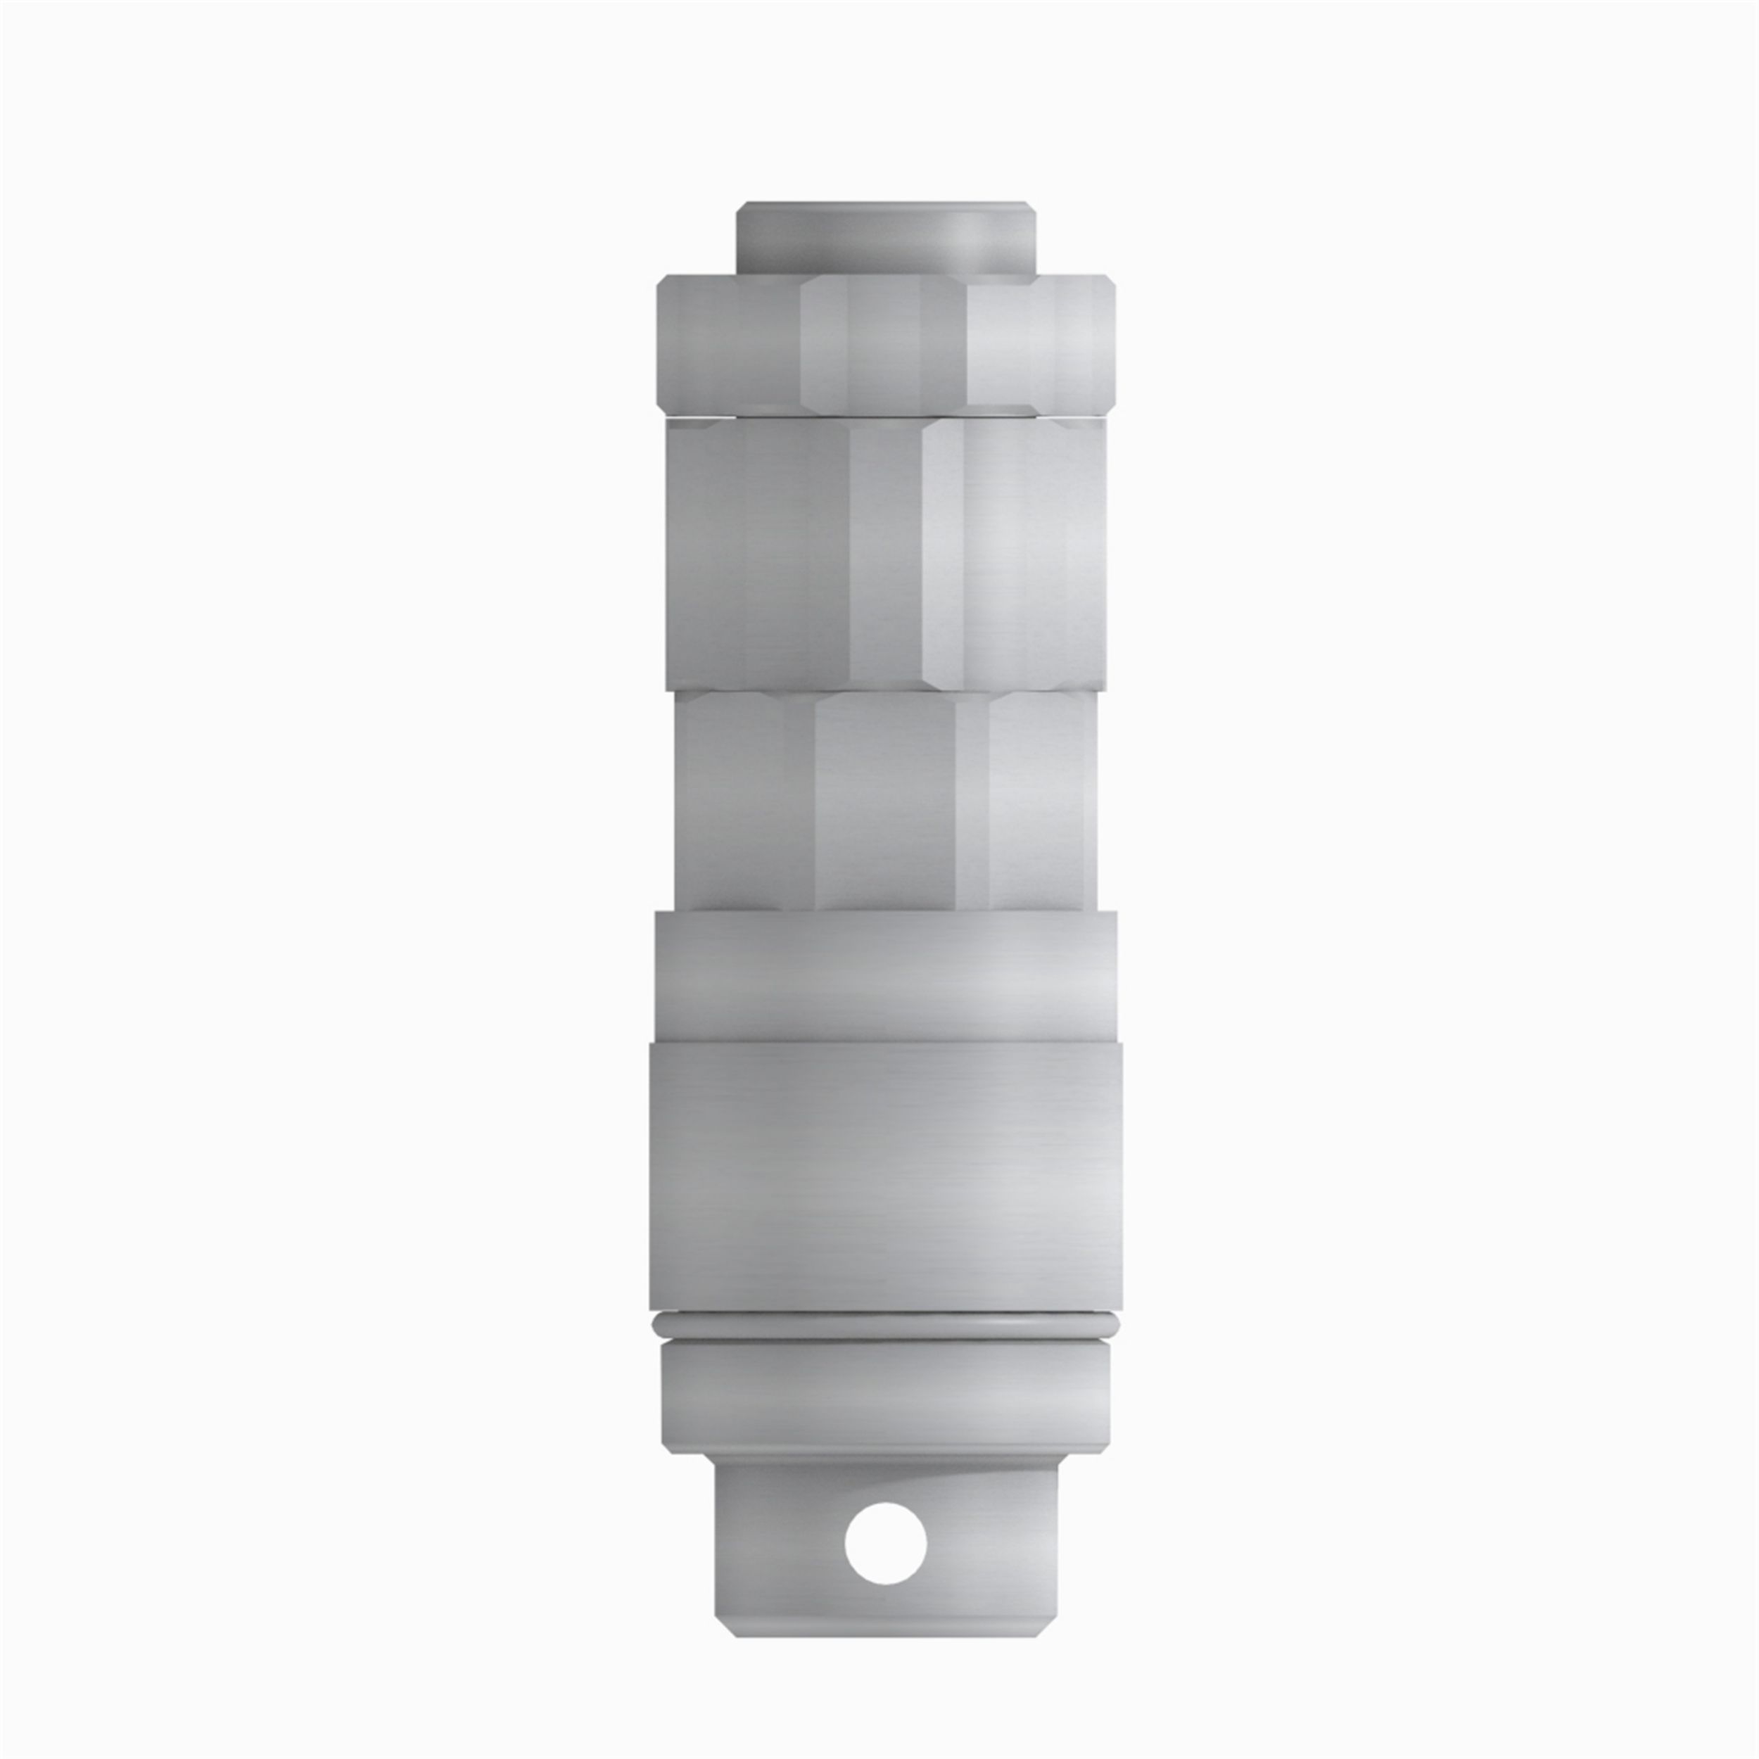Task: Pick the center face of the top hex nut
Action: click(x=883, y=346)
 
